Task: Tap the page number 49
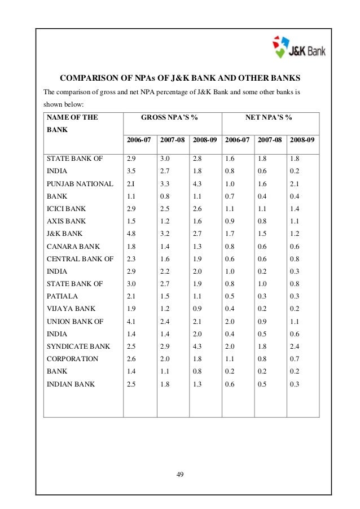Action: [180, 472]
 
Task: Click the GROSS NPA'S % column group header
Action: [172, 118]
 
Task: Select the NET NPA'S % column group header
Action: [269, 118]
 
